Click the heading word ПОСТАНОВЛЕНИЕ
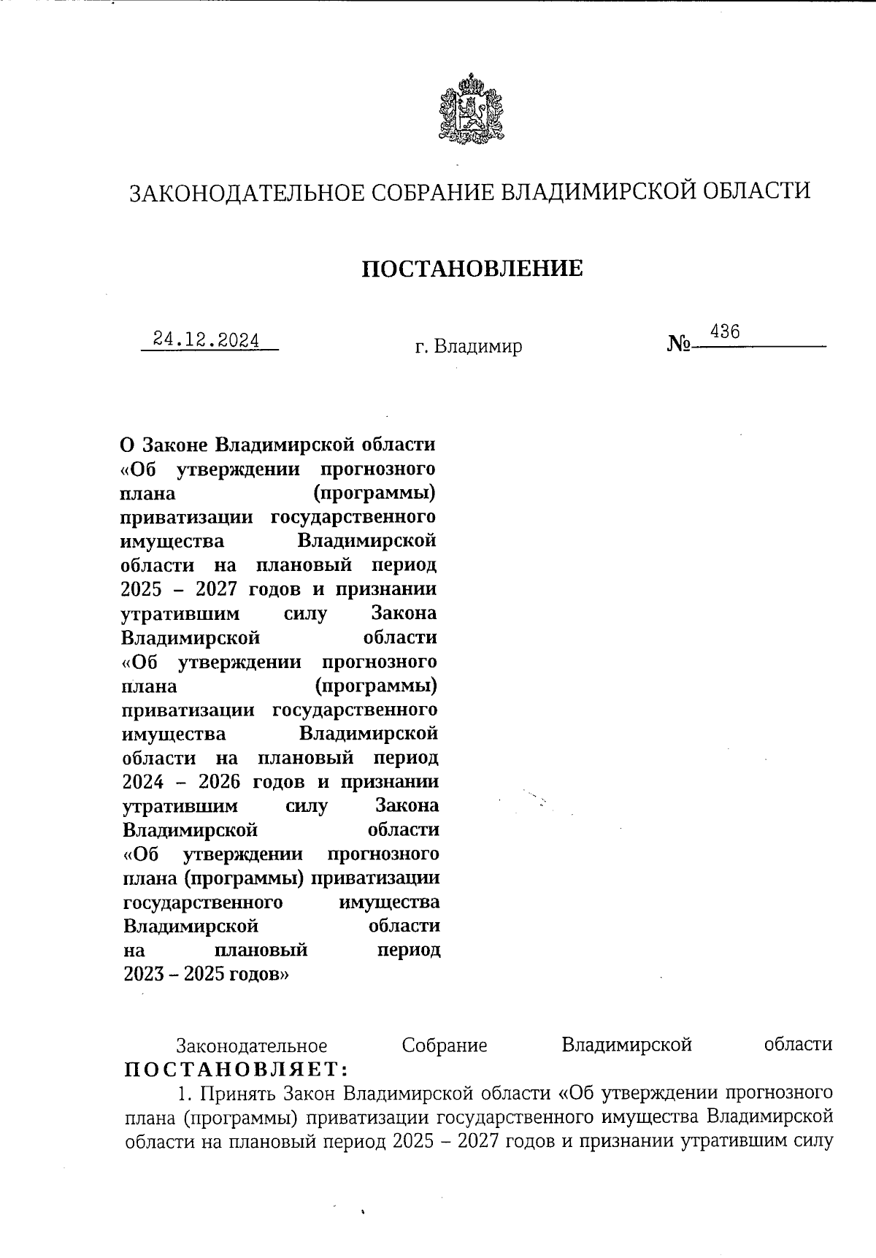click(x=473, y=269)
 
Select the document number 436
click(x=725, y=332)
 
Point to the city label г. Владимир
click(x=469, y=346)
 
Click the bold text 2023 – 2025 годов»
click(x=207, y=974)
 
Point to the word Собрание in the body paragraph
click(x=445, y=1045)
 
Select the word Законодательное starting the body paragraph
click(x=252, y=1045)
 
